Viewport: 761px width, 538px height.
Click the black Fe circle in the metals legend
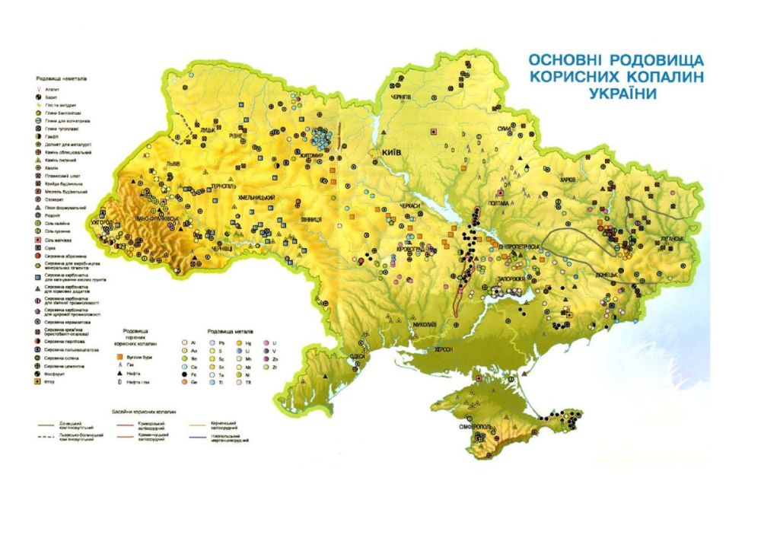[185, 374]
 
